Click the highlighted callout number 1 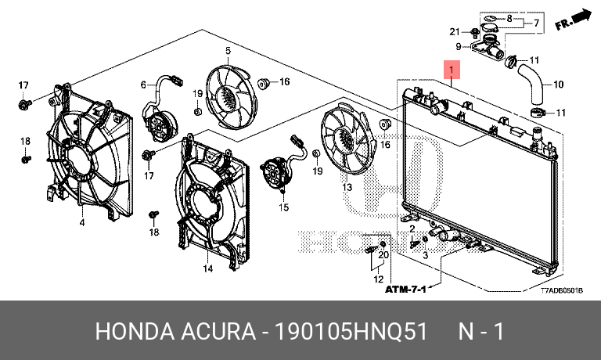(452, 70)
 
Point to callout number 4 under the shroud (81, 223)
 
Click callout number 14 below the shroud (208, 269)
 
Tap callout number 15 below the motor (284, 208)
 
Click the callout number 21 (453, 31)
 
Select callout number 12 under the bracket (378, 279)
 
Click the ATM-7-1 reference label (405, 290)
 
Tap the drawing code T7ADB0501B (562, 290)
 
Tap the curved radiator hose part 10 (534, 84)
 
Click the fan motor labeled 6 (161, 121)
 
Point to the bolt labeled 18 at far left (25, 159)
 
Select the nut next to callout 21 (475, 32)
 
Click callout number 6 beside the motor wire (144, 85)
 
